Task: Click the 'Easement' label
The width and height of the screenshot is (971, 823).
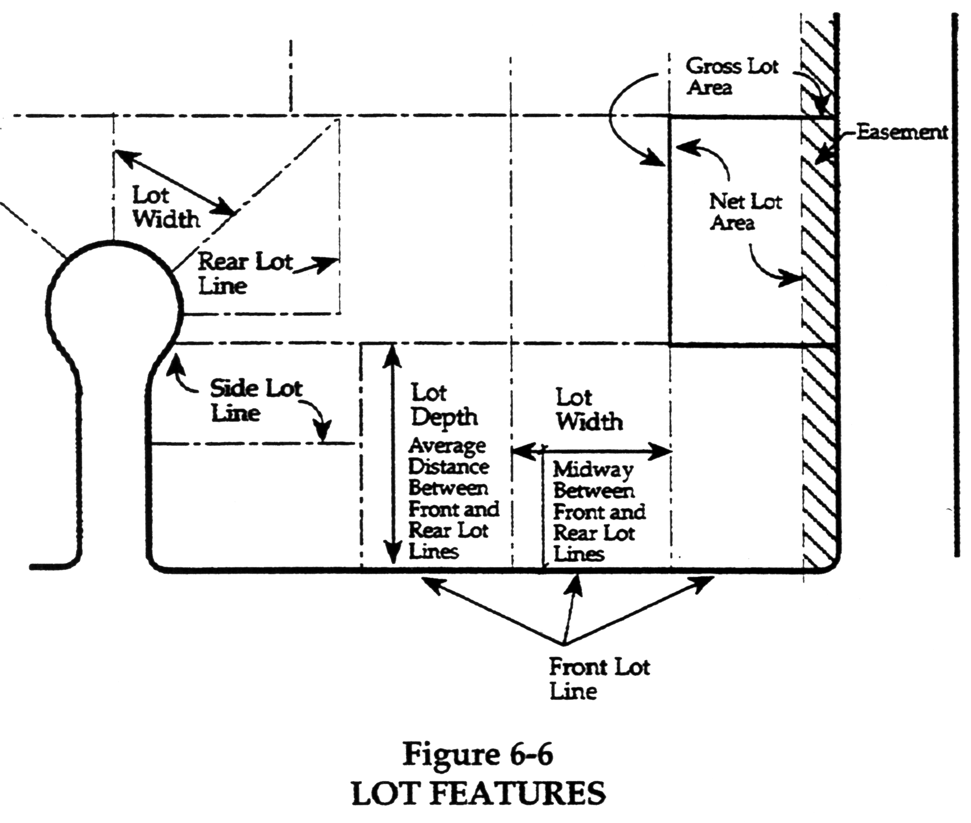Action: pyautogui.click(x=902, y=133)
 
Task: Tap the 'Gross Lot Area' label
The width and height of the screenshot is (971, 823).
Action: pyautogui.click(x=731, y=77)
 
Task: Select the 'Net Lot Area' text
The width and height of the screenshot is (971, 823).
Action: pyautogui.click(x=745, y=212)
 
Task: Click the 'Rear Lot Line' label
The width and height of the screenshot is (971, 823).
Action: pyautogui.click(x=245, y=273)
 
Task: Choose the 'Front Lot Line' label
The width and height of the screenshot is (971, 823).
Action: pyautogui.click(x=599, y=679)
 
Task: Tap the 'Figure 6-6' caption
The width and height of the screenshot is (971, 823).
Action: pyautogui.click(x=477, y=755)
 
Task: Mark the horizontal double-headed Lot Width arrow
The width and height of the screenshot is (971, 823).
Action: pyautogui.click(x=592, y=451)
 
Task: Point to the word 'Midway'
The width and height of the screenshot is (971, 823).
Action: pyautogui.click(x=592, y=470)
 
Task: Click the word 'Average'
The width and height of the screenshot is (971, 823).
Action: pyautogui.click(x=447, y=446)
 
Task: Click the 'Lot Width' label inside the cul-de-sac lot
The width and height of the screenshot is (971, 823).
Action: pyautogui.click(x=165, y=207)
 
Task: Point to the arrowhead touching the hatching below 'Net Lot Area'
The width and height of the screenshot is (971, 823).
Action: pyautogui.click(x=793, y=279)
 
